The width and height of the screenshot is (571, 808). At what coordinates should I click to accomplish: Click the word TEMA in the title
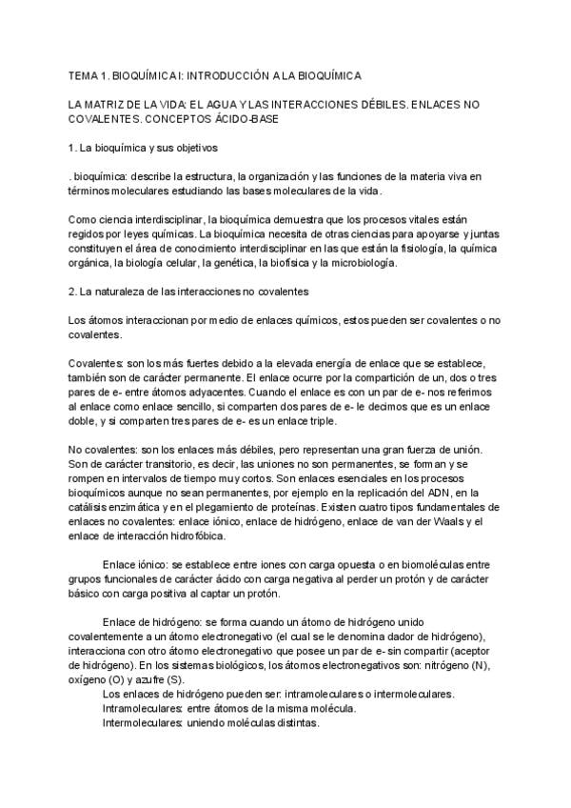point(85,74)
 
